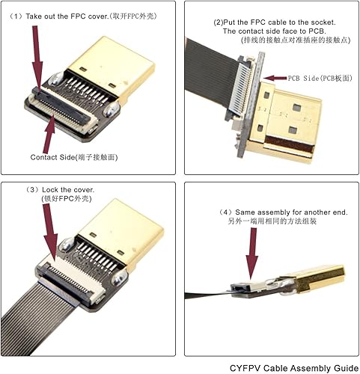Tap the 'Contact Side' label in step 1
pyautogui.click(x=73, y=158)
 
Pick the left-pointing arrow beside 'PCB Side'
pyautogui.click(x=275, y=77)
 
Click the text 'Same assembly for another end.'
pyautogui.click(x=289, y=212)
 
